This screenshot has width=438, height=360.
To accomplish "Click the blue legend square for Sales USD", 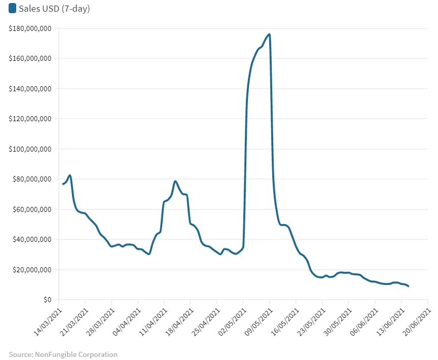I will click(13, 9).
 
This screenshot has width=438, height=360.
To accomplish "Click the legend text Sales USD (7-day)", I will click(54, 9).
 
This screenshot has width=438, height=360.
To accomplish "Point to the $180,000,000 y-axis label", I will click(30, 28).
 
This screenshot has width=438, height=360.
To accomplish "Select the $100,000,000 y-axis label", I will click(30, 149).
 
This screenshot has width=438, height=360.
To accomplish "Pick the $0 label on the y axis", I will click(47, 300).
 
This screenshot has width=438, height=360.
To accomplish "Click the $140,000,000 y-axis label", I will click(30, 89).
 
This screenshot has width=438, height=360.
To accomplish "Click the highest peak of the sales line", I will click(269, 34).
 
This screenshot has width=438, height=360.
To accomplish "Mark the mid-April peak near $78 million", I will click(175, 181).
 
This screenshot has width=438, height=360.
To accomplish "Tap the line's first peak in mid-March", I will click(70, 175).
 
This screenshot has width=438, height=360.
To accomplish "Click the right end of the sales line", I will click(408, 286).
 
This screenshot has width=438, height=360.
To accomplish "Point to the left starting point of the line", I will click(63, 184).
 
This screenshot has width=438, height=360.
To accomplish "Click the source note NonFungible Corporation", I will click(63, 354).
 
